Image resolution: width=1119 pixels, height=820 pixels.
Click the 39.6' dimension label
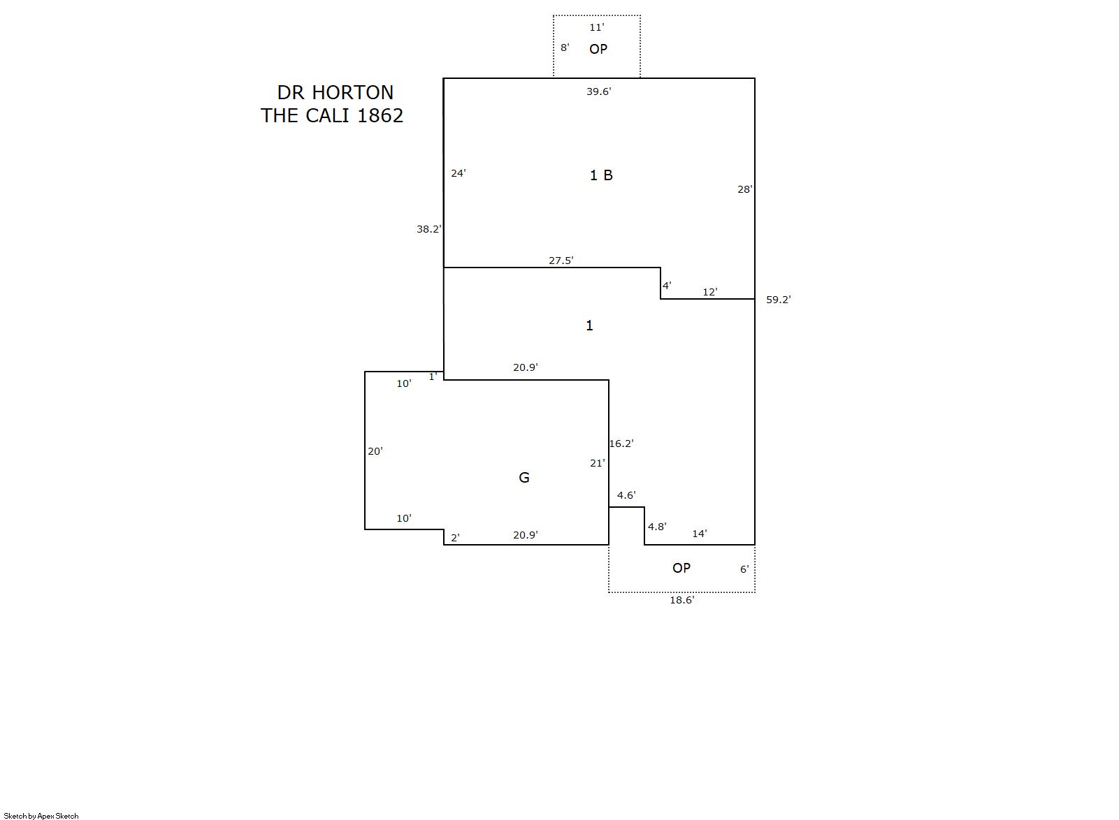pyautogui.click(x=598, y=91)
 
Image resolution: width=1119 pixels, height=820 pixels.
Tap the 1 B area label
pyautogui.click(x=601, y=175)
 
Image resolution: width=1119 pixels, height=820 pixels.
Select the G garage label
pyautogui.click(x=524, y=478)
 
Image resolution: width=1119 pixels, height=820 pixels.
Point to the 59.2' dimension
pyautogui.click(x=779, y=300)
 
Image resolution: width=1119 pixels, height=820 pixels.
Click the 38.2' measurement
pyautogui.click(x=429, y=229)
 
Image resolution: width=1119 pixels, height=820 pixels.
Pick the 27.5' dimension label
pyautogui.click(x=561, y=261)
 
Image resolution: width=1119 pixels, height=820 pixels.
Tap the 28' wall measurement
pyautogui.click(x=745, y=189)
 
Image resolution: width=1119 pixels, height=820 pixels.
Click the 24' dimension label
pyautogui.click(x=458, y=173)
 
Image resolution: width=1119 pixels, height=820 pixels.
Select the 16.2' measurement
pyautogui.click(x=621, y=444)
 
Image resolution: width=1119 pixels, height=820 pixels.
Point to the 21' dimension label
pyautogui.click(x=598, y=463)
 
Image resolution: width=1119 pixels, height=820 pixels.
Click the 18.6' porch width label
pyautogui.click(x=682, y=600)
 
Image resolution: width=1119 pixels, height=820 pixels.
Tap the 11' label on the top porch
pyautogui.click(x=596, y=27)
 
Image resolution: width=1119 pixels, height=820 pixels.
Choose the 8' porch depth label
pyautogui.click(x=565, y=47)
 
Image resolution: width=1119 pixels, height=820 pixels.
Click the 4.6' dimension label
pyautogui.click(x=626, y=495)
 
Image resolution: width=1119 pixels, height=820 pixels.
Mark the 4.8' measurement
pyautogui.click(x=657, y=527)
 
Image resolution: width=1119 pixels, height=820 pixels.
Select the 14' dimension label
pyautogui.click(x=700, y=534)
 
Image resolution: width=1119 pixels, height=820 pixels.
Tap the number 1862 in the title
pyautogui.click(x=380, y=115)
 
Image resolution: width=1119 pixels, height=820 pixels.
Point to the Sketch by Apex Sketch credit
pyautogui.click(x=41, y=816)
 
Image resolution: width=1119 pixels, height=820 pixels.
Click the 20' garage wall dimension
pyautogui.click(x=375, y=451)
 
